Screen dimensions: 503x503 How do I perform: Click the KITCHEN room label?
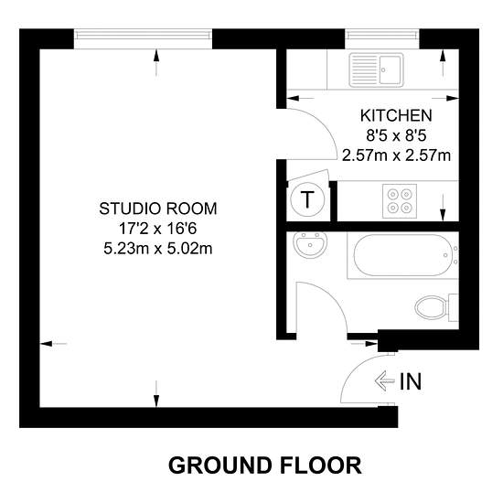(x=396, y=116)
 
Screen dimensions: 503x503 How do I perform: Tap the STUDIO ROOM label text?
(x=158, y=209)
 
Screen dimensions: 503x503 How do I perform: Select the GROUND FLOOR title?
(x=265, y=466)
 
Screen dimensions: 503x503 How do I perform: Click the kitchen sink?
(x=376, y=70)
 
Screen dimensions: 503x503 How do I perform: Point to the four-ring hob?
(x=400, y=201)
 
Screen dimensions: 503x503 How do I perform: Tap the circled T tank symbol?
(x=307, y=199)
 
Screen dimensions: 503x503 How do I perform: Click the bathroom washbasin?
(x=310, y=245)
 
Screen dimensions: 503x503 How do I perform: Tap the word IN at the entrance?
(x=411, y=381)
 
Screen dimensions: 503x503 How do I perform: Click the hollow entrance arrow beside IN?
(x=385, y=381)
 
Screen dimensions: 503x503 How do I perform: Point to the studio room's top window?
(x=143, y=38)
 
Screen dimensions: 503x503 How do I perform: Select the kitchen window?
(x=382, y=38)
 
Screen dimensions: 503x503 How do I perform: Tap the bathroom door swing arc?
(x=334, y=297)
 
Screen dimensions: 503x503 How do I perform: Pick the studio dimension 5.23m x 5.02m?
(x=158, y=249)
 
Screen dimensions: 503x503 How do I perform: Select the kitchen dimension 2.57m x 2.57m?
(x=396, y=155)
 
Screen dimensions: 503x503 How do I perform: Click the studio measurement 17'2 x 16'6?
(x=158, y=229)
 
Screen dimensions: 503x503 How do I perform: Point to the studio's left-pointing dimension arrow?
(x=53, y=344)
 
